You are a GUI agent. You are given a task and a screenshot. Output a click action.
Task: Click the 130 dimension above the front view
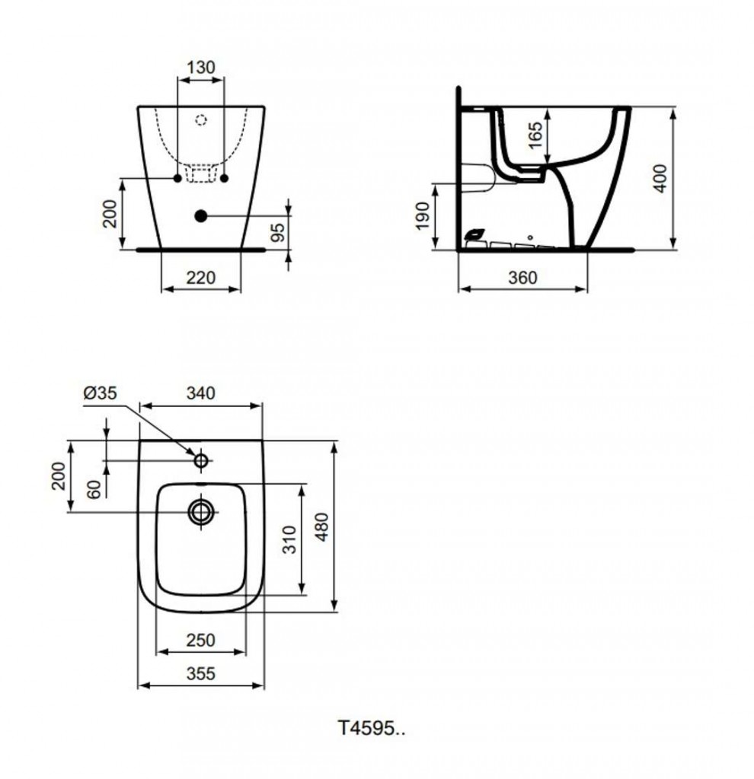point(201,67)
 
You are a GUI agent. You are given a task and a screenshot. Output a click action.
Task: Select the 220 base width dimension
point(201,278)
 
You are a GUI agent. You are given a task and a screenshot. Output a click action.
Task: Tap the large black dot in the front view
point(201,216)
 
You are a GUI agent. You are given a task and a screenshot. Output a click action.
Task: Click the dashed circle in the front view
point(201,119)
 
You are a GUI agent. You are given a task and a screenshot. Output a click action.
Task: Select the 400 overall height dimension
point(660,178)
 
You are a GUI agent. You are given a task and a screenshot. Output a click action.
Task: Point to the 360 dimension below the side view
point(522,278)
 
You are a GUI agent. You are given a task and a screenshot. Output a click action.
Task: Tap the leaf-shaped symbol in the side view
point(475,235)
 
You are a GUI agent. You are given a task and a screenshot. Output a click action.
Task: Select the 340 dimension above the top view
point(201,393)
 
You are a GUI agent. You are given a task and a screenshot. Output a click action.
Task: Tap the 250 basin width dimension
point(201,641)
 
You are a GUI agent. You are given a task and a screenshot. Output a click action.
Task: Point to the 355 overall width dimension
point(201,673)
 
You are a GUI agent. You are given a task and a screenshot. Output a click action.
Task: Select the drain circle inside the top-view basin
point(202,511)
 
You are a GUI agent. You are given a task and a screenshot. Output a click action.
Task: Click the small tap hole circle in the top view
point(202,460)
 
